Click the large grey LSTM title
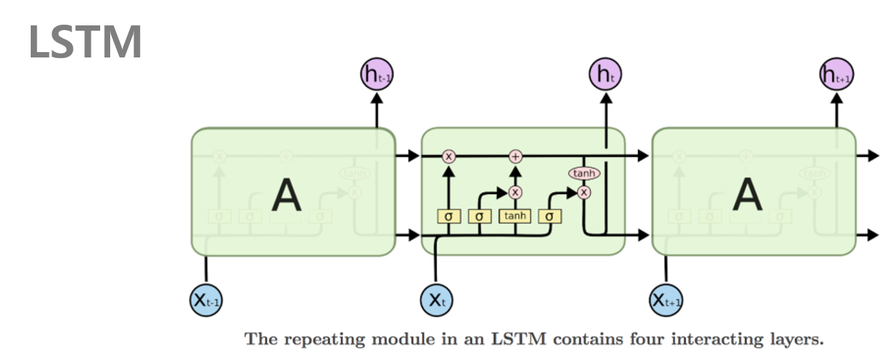(x=85, y=41)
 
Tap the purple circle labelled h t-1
(x=377, y=75)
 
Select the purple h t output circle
(x=606, y=75)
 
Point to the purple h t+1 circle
(x=836, y=75)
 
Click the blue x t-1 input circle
(x=206, y=301)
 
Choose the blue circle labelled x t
(x=436, y=301)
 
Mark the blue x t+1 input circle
(x=666, y=301)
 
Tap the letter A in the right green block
(x=747, y=195)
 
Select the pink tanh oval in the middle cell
(x=584, y=174)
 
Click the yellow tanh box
(x=515, y=216)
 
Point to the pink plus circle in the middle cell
(x=515, y=156)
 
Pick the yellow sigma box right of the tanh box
(x=549, y=216)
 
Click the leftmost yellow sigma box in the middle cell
(x=448, y=216)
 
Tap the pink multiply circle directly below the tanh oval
(x=584, y=192)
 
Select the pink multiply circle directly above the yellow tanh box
(x=515, y=192)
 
